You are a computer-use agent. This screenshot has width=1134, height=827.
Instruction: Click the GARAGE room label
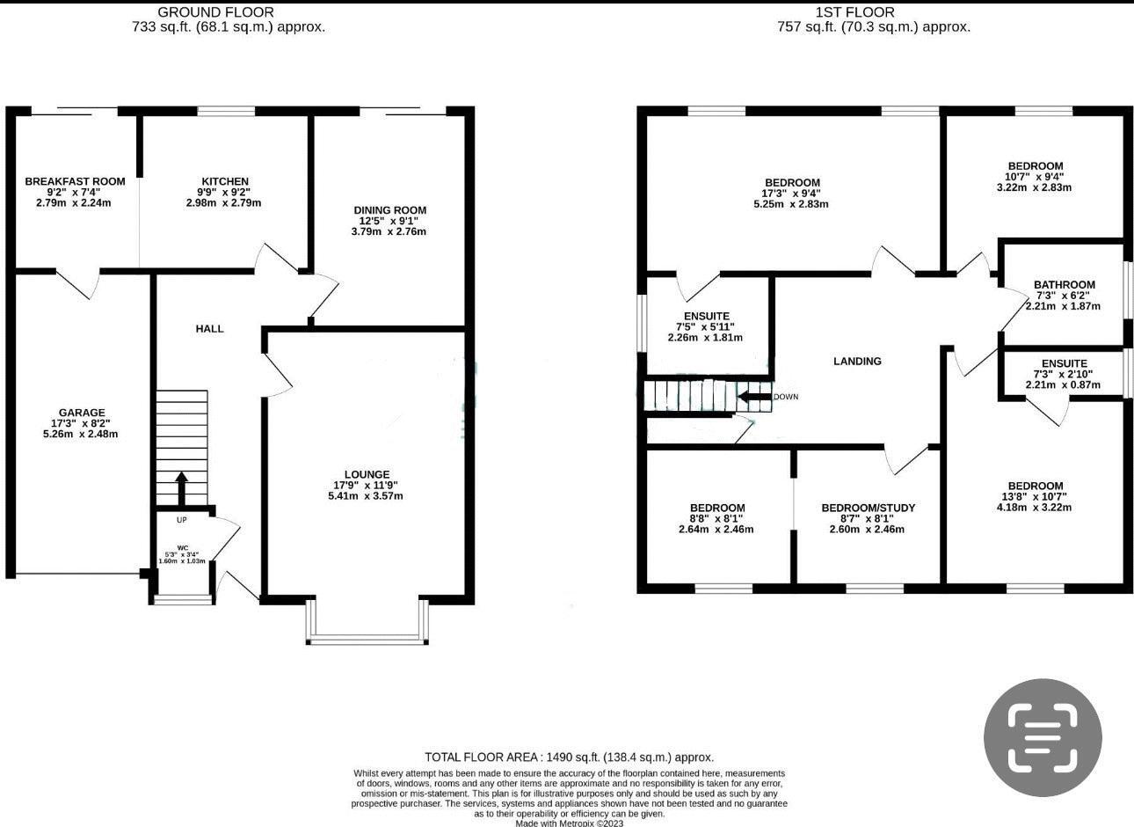[x=82, y=413]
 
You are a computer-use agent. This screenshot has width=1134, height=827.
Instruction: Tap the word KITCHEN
[x=225, y=181]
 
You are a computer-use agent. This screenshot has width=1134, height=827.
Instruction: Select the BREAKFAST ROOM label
[x=75, y=181]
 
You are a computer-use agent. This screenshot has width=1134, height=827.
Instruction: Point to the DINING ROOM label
[x=389, y=209]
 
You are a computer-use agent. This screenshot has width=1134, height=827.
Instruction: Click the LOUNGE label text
[x=367, y=474]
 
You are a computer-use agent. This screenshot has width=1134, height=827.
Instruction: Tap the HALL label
[x=209, y=329]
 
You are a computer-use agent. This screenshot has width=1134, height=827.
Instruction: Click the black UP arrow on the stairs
[x=181, y=488]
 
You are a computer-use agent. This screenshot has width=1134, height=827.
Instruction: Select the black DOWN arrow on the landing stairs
[x=755, y=397]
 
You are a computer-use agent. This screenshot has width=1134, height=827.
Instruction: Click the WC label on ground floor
[x=183, y=548]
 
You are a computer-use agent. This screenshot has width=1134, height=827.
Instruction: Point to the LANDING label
[x=857, y=361]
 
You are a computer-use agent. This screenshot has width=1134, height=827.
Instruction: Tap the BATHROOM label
[x=1065, y=285]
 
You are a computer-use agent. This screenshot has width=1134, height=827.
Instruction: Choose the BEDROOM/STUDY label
[x=869, y=508]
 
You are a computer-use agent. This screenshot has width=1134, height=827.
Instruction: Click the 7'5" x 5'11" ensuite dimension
[x=706, y=327]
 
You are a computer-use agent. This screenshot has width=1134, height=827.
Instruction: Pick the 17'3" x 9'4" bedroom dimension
[x=792, y=194]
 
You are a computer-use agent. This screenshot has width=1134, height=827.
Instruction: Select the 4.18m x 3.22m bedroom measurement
[x=1035, y=508]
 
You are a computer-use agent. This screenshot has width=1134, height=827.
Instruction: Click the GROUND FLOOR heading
[x=216, y=12]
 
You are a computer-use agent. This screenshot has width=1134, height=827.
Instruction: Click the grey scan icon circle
[x=1043, y=738]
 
